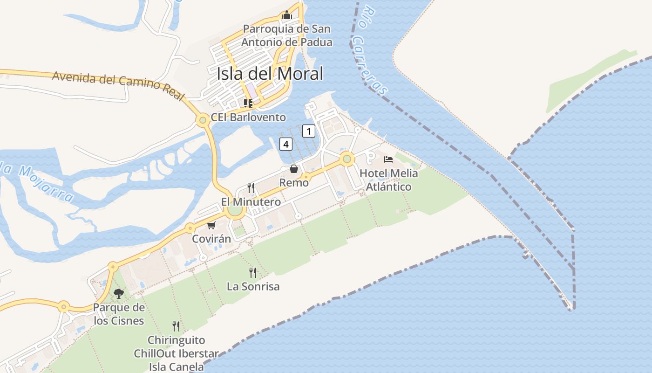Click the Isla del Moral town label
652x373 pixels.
click(270, 74)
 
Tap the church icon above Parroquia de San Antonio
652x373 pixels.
click(286, 15)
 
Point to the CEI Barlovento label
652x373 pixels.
click(248, 117)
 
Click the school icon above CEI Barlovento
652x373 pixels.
click(248, 103)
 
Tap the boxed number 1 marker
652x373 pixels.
click(308, 131)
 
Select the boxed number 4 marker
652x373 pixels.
click(286, 144)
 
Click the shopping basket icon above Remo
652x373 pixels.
click(294, 168)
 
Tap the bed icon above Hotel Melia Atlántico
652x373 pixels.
click(388, 159)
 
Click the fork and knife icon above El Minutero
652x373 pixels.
click(251, 188)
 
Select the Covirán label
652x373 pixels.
click(211, 239)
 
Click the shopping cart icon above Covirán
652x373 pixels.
click(211, 226)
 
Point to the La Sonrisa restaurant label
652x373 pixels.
click(253, 286)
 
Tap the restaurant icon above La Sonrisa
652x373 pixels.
click(253, 272)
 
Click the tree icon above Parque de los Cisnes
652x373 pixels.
click(119, 294)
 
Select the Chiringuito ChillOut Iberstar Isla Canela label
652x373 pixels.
click(176, 353)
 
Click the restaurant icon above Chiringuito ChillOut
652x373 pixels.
click(176, 326)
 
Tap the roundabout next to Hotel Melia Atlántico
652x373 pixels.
click(346, 159)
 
